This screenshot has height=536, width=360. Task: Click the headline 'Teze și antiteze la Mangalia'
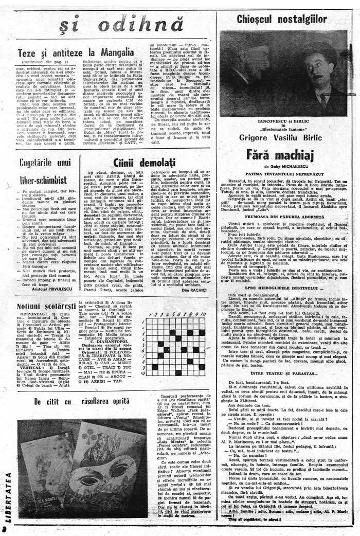coord(76,52)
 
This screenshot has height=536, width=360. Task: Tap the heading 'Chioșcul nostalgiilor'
coord(282,20)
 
